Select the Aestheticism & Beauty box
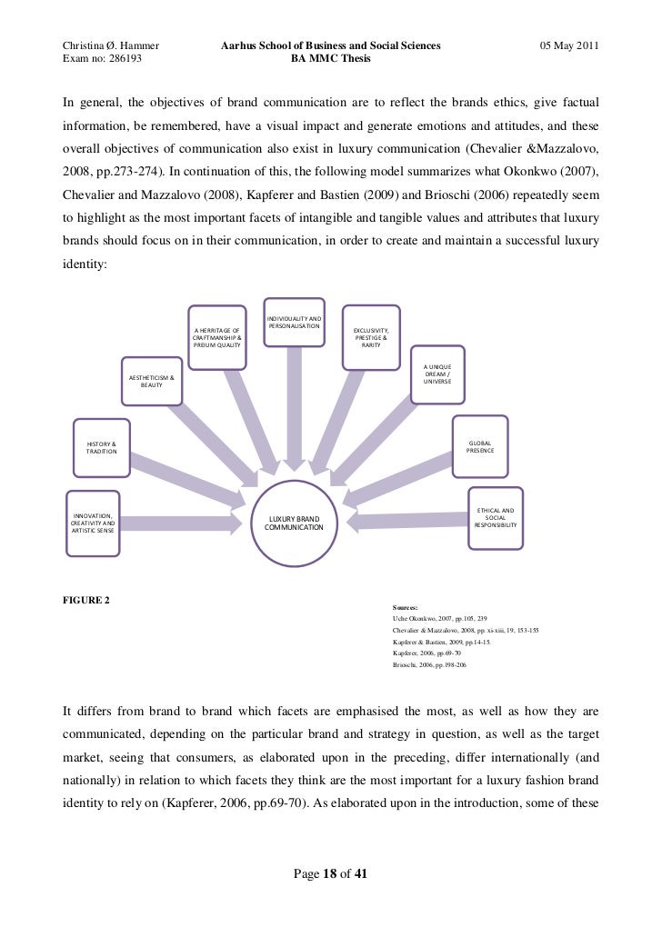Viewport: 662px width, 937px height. pos(152,381)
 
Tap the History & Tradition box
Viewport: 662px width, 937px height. pos(101,446)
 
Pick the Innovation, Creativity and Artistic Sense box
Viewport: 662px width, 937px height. pos(91,523)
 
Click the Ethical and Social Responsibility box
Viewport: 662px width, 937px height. pos(496,518)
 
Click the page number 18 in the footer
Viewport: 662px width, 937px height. pos(331,874)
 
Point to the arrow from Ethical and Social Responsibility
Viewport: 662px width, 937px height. pos(408,523)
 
